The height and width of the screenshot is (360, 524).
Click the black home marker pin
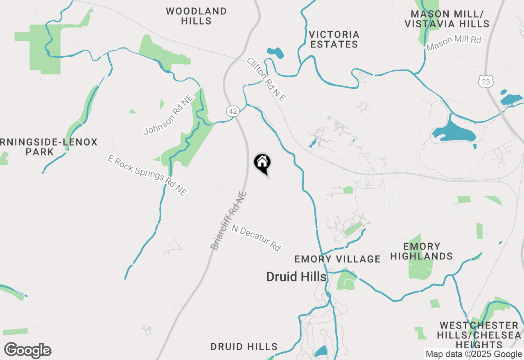(x=262, y=162)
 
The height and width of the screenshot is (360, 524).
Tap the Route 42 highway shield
(x=233, y=111)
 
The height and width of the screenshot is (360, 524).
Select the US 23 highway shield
(x=485, y=81)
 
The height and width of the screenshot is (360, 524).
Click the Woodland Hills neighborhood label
(x=196, y=16)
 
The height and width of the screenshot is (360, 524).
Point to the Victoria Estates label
(x=334, y=39)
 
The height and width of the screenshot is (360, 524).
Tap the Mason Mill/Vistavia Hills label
(x=447, y=19)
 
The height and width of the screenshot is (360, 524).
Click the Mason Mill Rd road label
(x=454, y=43)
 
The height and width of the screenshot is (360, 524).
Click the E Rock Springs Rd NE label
(x=148, y=175)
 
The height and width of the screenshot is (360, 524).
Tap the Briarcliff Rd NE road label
(x=229, y=220)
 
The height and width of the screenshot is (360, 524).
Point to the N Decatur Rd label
(x=256, y=238)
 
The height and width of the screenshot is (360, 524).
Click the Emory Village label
(x=338, y=259)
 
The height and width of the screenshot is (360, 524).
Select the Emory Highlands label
(x=422, y=251)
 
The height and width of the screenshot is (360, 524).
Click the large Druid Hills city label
(x=296, y=277)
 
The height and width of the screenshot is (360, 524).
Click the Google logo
(x=27, y=351)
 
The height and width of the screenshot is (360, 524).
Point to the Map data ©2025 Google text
(x=474, y=354)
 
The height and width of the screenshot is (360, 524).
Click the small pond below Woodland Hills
(x=275, y=52)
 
